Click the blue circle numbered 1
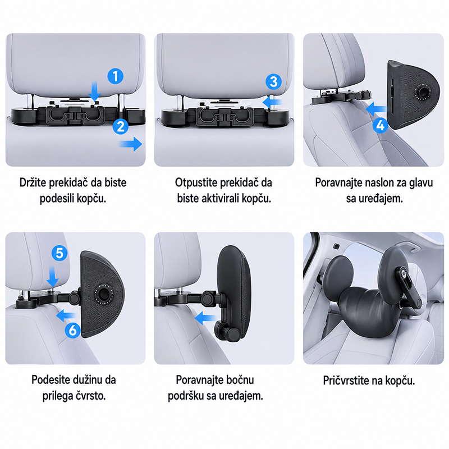click(116, 76)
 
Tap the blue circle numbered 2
click(121, 126)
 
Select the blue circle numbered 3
click(273, 81)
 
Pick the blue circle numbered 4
click(381, 125)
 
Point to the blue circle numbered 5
click(59, 253)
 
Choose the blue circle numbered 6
click(73, 330)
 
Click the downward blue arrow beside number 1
click(94, 91)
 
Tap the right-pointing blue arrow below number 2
click(131, 144)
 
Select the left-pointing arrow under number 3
click(272, 102)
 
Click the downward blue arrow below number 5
click(52, 276)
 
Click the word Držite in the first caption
click(33, 183)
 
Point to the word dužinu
click(88, 380)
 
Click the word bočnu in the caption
click(240, 380)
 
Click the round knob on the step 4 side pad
click(423, 92)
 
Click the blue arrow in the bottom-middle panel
click(204, 318)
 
